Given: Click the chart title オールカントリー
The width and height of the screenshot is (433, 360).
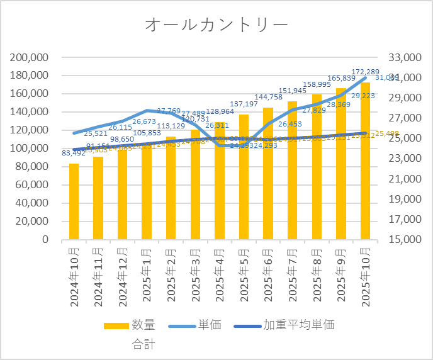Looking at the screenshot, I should [x=216, y=25].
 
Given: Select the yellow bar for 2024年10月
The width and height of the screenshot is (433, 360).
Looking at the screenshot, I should [x=74, y=201].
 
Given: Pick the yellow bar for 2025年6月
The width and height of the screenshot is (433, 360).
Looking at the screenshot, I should [x=268, y=174].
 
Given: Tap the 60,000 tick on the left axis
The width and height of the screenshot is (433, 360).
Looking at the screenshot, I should [x=33, y=185].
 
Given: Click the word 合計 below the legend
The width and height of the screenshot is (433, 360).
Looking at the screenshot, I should [x=143, y=344].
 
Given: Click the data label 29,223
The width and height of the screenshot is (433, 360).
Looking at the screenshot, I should [x=364, y=96].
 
